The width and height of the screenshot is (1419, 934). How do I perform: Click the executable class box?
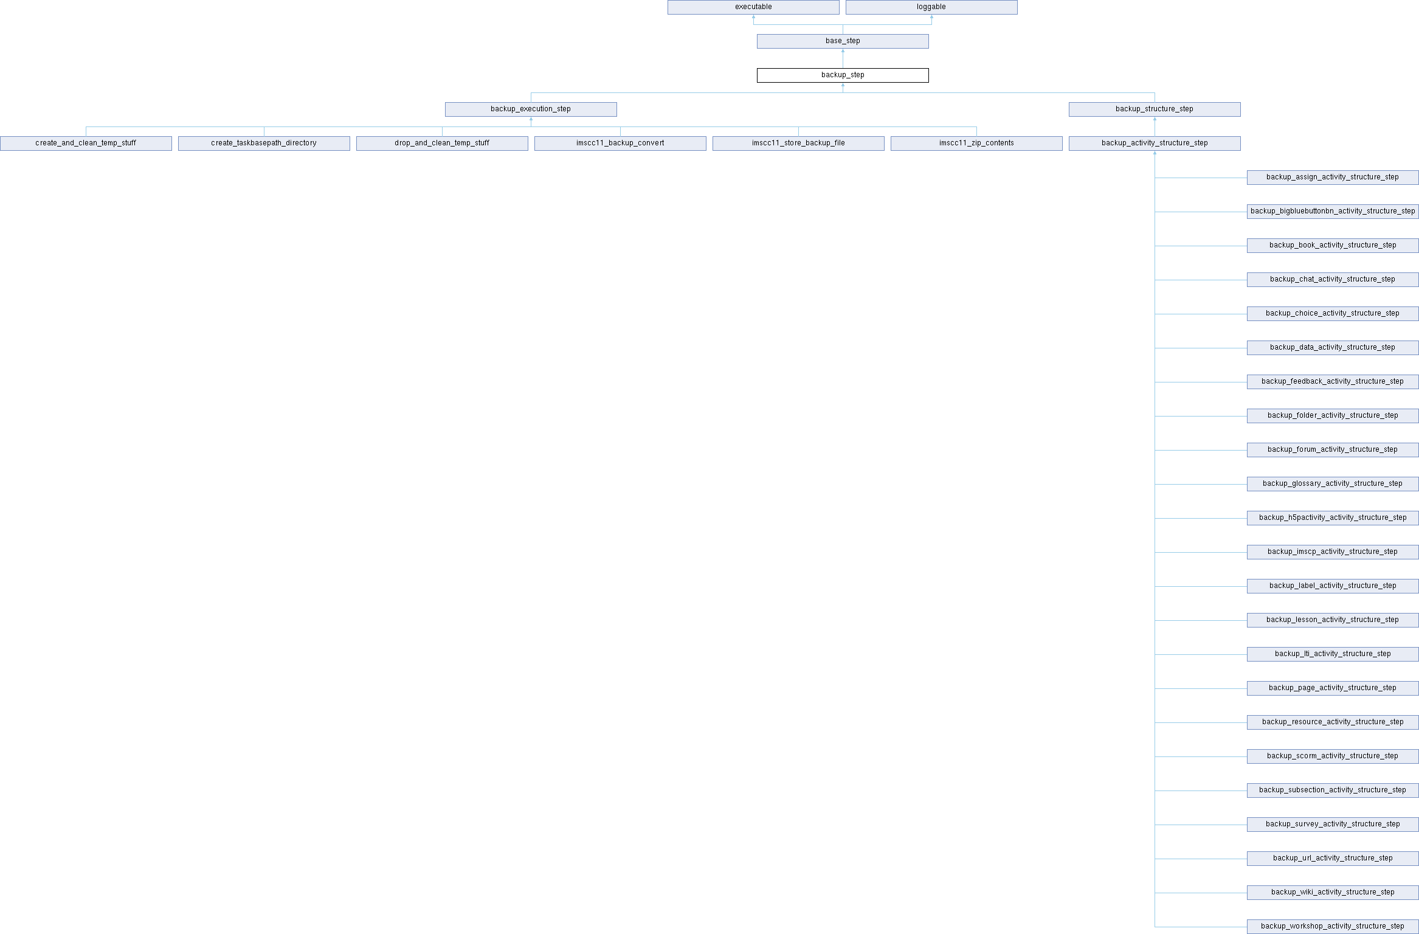[753, 7]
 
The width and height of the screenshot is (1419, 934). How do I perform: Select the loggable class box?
[931, 7]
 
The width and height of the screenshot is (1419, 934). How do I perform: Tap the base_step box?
[843, 41]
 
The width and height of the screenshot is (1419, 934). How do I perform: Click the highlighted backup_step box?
[843, 75]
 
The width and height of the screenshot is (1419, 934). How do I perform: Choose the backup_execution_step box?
[531, 109]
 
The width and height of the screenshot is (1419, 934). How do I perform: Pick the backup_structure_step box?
[1155, 109]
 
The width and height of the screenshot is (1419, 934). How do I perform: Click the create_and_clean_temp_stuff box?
[86, 144]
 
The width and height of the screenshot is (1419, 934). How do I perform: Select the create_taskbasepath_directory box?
[264, 144]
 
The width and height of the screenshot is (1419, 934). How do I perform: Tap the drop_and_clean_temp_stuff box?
[442, 144]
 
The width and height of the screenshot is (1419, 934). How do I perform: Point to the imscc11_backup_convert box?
[620, 144]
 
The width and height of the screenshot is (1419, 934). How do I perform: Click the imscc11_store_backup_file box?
[798, 144]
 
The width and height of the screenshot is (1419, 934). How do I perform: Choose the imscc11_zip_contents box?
[976, 144]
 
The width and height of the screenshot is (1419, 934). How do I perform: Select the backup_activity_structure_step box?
[1155, 144]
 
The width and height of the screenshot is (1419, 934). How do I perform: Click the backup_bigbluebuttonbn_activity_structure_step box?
[1333, 212]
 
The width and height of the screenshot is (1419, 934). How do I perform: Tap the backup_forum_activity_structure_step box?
[1333, 450]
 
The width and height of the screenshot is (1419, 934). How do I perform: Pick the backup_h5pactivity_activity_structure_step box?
[1333, 518]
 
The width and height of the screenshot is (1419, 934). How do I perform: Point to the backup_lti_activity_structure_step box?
[1333, 654]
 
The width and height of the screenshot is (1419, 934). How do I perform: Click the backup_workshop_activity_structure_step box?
[1333, 927]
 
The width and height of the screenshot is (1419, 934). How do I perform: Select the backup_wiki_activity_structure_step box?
[1333, 893]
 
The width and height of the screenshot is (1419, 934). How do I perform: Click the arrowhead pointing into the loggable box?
[931, 17]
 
